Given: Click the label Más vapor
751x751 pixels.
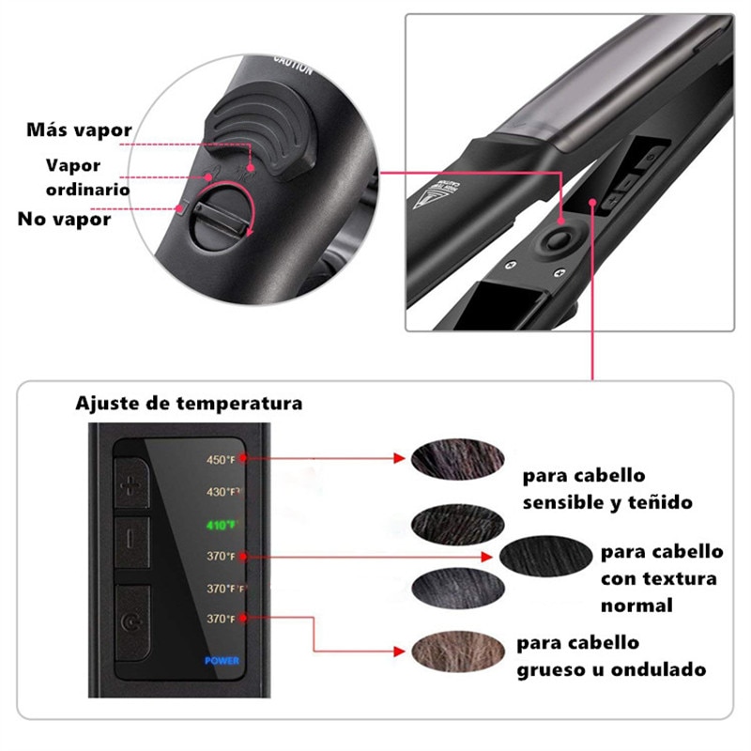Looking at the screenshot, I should pyautogui.click(x=79, y=130).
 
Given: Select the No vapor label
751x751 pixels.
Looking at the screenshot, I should pyautogui.click(x=64, y=220).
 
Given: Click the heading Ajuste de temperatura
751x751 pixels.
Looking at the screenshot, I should pyautogui.click(x=189, y=404).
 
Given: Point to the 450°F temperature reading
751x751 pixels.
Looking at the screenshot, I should pyautogui.click(x=222, y=459).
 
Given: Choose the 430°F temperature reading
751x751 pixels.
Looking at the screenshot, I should pyautogui.click(x=222, y=491).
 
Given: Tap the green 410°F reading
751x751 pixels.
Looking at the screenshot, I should pyautogui.click(x=222, y=525).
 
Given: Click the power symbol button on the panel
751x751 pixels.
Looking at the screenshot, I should pyautogui.click(x=130, y=621).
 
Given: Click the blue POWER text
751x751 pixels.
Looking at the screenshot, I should pyautogui.click(x=222, y=660).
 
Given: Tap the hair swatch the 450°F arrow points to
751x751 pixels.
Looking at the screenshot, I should pyautogui.click(x=446, y=459).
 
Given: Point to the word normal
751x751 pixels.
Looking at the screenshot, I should pyautogui.click(x=636, y=605).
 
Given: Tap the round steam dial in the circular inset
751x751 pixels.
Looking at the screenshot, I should pyautogui.click(x=219, y=215).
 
